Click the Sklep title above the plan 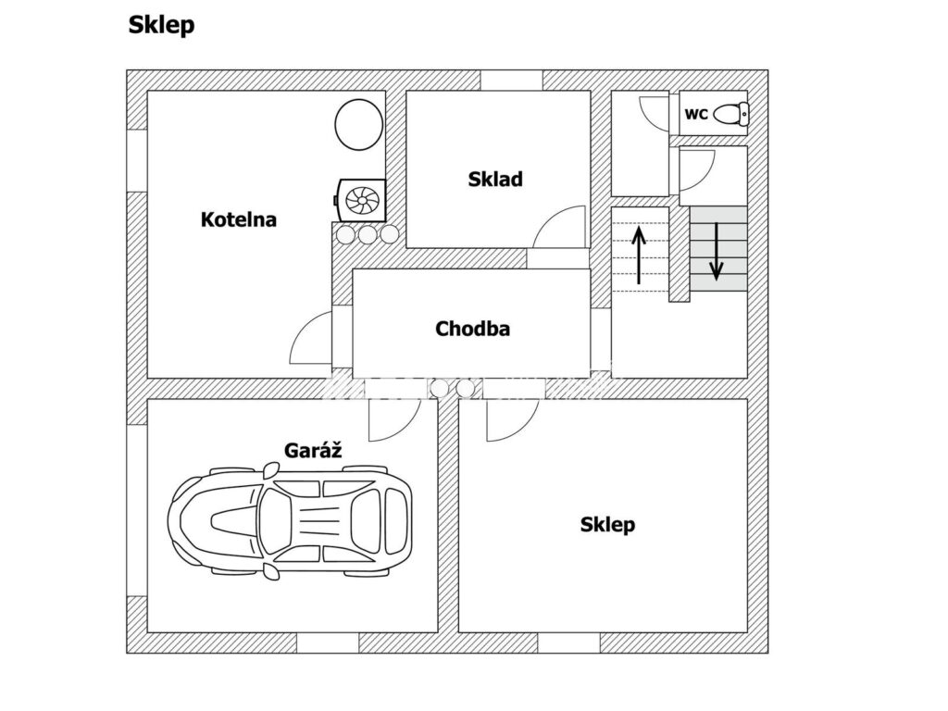(161, 25)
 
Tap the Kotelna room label (239, 218)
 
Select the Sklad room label (495, 179)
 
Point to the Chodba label (472, 329)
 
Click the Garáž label (313, 450)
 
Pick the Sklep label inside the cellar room (607, 524)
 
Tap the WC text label (696, 114)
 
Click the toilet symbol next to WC (731, 114)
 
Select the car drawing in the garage (290, 521)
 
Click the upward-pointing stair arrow (639, 254)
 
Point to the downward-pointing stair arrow (717, 252)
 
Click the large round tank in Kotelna (359, 125)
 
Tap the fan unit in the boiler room (360, 200)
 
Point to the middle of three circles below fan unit (367, 234)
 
